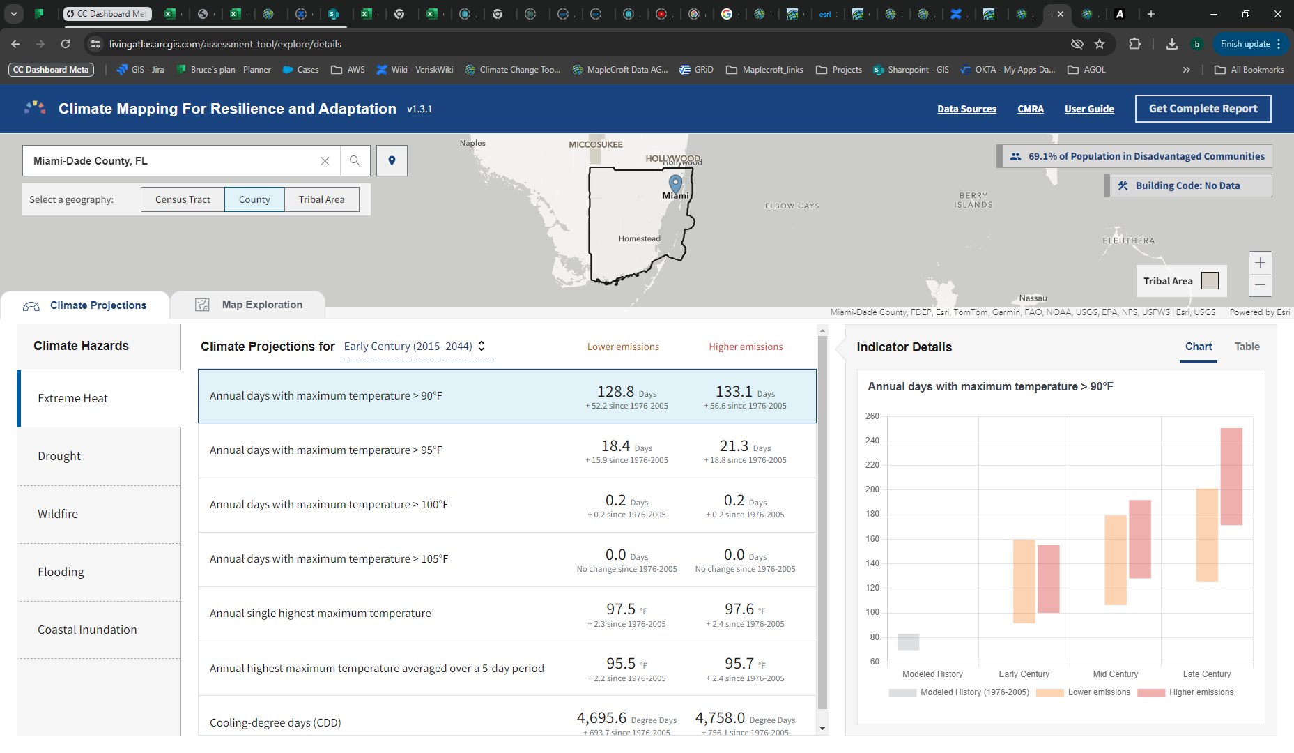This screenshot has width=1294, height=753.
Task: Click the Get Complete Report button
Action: [x=1203, y=109]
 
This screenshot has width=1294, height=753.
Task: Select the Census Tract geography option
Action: [x=183, y=199]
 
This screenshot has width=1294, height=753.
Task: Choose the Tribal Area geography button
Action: [x=321, y=199]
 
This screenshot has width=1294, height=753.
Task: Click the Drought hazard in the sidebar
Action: [x=59, y=456]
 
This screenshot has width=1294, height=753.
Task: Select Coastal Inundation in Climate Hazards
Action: [x=87, y=630]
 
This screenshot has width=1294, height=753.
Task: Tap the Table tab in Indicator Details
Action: [x=1247, y=347]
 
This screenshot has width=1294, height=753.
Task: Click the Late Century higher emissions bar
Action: [x=1231, y=476]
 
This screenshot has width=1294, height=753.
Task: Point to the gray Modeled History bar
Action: [x=908, y=641]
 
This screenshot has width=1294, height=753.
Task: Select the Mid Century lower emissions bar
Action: [x=1115, y=560]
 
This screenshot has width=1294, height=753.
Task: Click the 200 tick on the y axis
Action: [x=872, y=489]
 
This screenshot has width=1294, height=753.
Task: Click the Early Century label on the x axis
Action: [x=1024, y=674]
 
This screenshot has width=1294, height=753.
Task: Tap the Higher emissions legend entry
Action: [x=1201, y=692]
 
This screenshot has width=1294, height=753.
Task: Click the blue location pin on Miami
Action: [x=675, y=183]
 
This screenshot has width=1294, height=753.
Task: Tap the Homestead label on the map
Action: [x=639, y=238]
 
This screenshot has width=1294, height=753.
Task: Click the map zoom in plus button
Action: [x=1260, y=263]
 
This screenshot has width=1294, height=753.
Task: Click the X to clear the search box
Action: [x=325, y=161]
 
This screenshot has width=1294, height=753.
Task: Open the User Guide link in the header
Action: [x=1089, y=109]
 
